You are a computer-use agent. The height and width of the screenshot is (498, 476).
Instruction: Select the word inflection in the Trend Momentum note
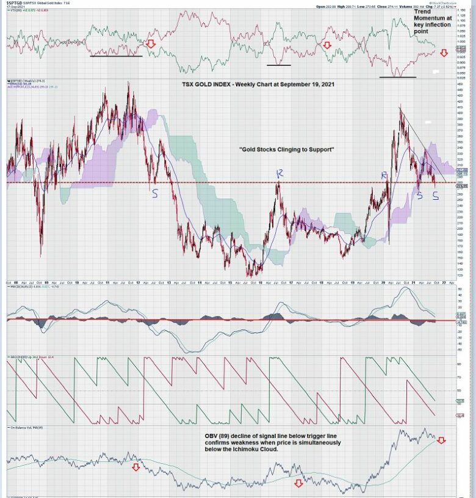(437, 24)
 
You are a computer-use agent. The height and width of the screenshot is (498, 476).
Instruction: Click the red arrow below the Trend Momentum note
(444, 54)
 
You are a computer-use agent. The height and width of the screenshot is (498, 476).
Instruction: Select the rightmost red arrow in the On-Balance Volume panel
(440, 441)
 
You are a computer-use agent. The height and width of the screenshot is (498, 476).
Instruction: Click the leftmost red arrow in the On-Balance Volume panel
(135, 467)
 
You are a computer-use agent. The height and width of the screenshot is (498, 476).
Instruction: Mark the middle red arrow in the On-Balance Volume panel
(298, 483)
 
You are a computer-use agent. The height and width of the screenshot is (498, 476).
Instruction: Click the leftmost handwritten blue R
(279, 175)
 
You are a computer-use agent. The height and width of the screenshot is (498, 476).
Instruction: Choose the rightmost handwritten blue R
(384, 176)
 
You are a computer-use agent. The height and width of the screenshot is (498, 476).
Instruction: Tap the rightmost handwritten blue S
(435, 196)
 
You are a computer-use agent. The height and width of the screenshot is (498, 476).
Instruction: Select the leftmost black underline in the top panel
(116, 56)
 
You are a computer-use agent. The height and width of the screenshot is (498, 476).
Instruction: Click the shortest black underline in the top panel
(279, 65)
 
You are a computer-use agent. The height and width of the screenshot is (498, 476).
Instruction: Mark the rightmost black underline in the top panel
(397, 77)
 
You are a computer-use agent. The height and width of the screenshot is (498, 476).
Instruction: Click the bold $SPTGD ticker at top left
(15, 3)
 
